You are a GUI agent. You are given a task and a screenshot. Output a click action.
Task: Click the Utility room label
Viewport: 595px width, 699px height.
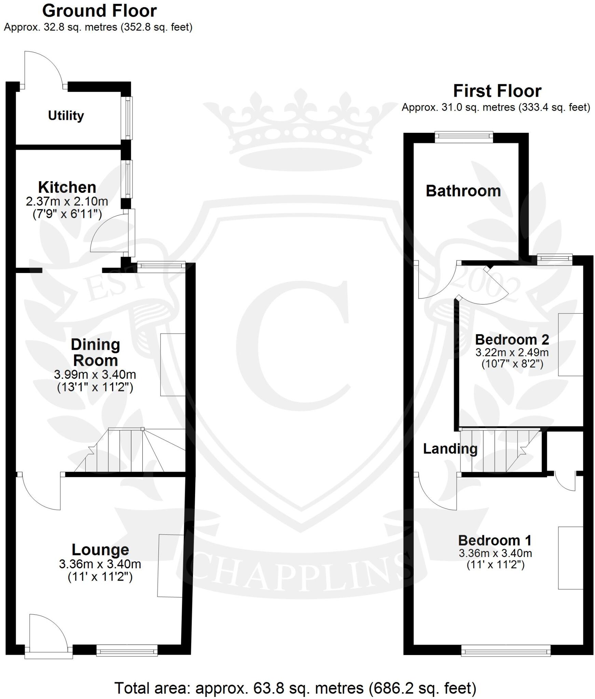pyautogui.click(x=66, y=116)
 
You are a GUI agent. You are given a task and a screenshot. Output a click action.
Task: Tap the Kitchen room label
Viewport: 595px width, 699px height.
pyautogui.click(x=67, y=187)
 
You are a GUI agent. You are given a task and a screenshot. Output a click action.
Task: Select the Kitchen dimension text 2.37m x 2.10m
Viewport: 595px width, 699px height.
pyautogui.click(x=67, y=201)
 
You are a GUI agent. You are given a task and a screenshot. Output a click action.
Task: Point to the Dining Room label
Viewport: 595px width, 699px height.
pyautogui.click(x=95, y=352)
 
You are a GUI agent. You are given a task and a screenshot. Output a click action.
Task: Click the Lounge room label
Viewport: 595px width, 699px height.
pyautogui.click(x=100, y=550)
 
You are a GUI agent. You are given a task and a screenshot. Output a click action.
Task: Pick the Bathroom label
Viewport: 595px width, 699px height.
pyautogui.click(x=463, y=191)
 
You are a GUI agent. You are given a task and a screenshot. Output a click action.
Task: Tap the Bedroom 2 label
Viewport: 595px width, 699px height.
pyautogui.click(x=512, y=340)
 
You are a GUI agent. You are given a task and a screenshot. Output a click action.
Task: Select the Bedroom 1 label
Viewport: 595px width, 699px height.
pyautogui.click(x=495, y=540)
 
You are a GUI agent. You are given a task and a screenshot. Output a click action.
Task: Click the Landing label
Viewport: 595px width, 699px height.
pyautogui.click(x=450, y=448)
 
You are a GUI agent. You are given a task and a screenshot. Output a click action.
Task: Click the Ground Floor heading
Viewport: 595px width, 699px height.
pyautogui.click(x=99, y=11)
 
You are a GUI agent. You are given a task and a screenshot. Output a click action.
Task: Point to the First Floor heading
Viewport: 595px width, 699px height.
pyautogui.click(x=497, y=91)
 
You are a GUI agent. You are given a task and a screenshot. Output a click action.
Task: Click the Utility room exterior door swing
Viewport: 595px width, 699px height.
pyautogui.click(x=43, y=68)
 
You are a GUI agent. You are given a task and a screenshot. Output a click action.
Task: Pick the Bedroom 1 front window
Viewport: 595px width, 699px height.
pyautogui.click(x=506, y=650)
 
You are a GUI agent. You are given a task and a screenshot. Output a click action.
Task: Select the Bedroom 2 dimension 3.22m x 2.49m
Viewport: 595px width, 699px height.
pyautogui.click(x=512, y=353)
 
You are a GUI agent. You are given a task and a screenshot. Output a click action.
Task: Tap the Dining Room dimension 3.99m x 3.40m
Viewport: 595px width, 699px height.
pyautogui.click(x=95, y=375)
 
